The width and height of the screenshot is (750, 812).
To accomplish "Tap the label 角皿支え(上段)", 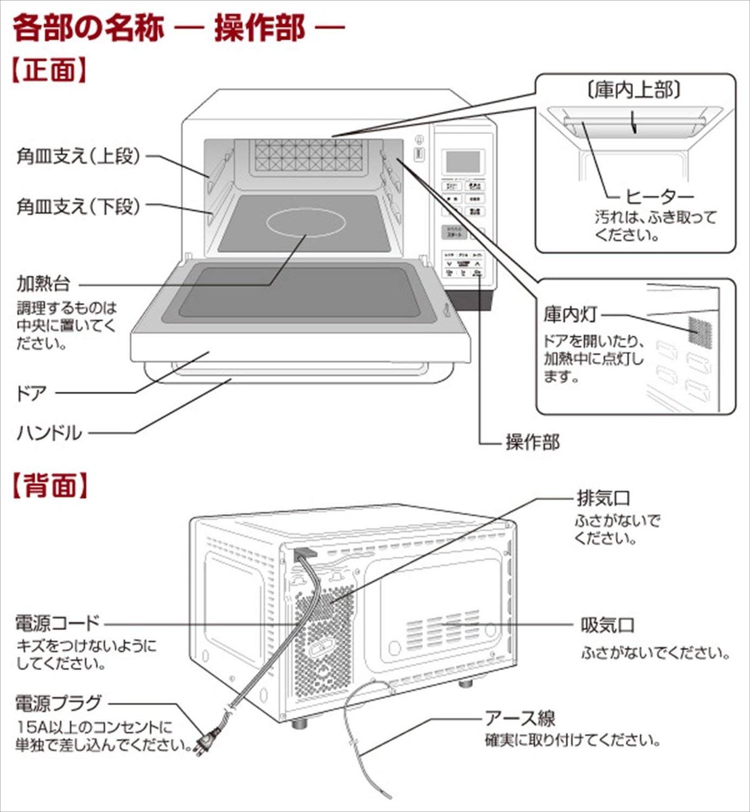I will (79, 156).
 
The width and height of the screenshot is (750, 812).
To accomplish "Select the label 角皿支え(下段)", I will (79, 206).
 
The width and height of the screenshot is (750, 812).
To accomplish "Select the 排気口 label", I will (602, 499).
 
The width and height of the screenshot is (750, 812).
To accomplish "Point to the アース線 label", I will (520, 718).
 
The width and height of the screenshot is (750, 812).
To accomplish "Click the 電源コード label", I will (57, 622).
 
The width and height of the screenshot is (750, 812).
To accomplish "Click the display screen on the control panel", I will (462, 161).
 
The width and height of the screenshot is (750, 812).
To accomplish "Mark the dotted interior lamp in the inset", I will (702, 329).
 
